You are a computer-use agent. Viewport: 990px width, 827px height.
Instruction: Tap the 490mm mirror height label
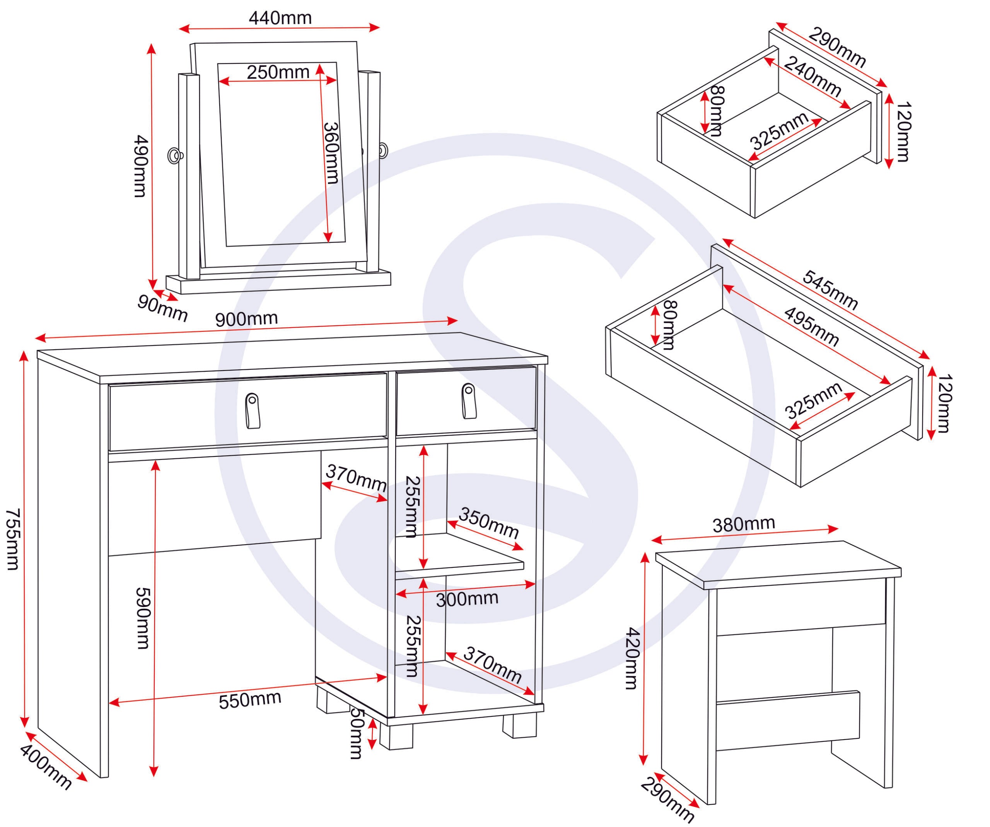click(140, 166)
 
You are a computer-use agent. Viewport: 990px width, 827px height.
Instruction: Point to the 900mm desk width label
click(247, 320)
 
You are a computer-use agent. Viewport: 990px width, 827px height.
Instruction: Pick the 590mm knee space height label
click(142, 618)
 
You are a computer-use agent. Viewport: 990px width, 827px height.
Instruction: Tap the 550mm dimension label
click(250, 700)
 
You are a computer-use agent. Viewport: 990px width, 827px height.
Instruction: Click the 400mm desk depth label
click(46, 767)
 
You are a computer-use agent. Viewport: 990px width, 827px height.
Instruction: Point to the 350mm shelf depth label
click(488, 523)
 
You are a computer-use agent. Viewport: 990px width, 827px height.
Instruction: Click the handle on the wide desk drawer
click(253, 411)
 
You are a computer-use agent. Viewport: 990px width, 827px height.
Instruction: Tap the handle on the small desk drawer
click(469, 401)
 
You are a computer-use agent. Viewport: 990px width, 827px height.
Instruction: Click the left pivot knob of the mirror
click(175, 155)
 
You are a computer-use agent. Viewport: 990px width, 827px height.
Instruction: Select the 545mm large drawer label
click(830, 290)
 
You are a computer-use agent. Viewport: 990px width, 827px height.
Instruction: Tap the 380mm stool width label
click(743, 524)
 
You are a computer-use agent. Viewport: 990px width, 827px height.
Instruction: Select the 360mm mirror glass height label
click(331, 153)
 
